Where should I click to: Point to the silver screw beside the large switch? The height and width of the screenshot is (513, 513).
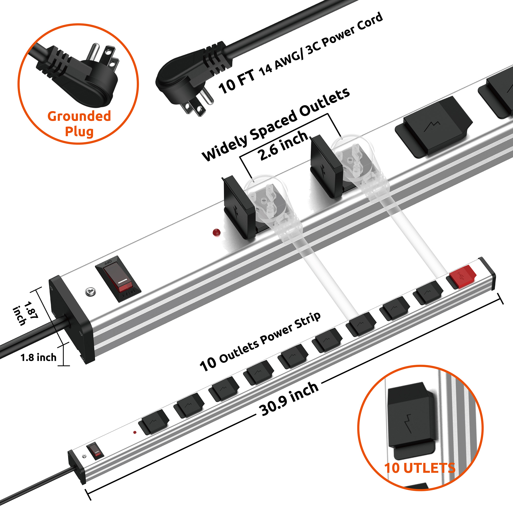click(90, 292)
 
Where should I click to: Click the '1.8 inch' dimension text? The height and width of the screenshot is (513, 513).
click(38, 357)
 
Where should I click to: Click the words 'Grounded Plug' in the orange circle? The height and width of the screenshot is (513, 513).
click(79, 124)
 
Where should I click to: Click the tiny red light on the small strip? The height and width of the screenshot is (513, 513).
click(135, 432)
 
